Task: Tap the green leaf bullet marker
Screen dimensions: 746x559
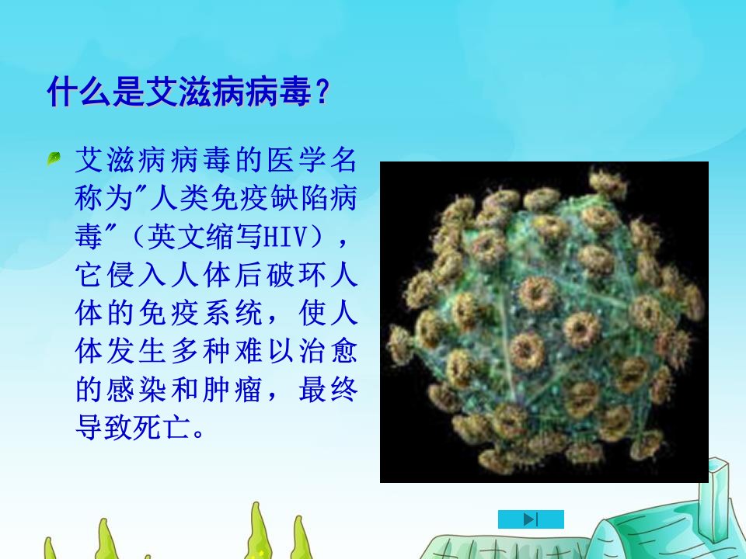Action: point(54,158)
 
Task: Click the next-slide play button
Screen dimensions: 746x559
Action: point(531,519)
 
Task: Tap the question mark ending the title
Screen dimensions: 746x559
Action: point(322,92)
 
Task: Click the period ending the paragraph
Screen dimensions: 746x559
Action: point(199,433)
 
